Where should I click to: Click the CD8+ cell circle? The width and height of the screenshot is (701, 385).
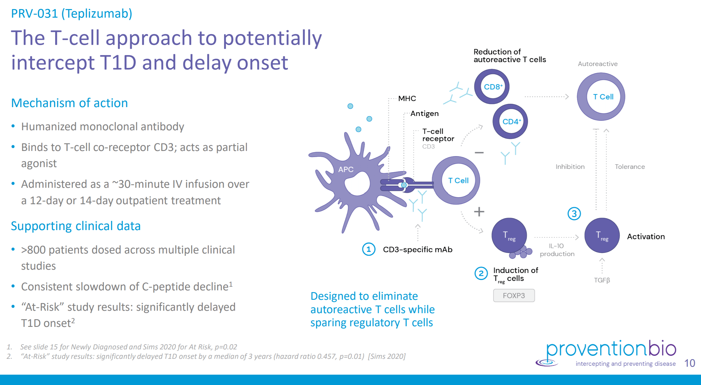(492, 87)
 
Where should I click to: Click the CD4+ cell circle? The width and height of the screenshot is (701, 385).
(510, 121)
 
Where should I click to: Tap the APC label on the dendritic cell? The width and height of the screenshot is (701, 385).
(346, 170)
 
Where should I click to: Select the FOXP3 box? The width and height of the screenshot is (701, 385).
(514, 296)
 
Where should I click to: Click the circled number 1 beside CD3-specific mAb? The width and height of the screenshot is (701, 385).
(368, 249)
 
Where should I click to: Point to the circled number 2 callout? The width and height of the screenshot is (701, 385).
(481, 273)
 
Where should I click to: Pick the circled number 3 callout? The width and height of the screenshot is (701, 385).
(574, 214)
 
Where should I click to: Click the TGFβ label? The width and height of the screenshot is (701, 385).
(602, 280)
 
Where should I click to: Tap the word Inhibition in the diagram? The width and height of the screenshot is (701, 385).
(570, 167)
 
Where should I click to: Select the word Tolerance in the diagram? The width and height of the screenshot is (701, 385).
(630, 167)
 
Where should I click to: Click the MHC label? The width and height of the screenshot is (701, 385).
(407, 99)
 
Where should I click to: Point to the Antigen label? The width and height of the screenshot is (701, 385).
(424, 114)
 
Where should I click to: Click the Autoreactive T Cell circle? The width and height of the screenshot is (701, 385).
(601, 97)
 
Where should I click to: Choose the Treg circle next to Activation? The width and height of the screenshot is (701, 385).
(602, 235)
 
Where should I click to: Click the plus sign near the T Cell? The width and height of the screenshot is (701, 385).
(479, 212)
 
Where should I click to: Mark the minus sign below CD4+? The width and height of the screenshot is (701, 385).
(479, 152)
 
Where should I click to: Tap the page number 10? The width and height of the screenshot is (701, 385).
(689, 363)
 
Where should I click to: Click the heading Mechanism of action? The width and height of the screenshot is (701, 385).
(69, 103)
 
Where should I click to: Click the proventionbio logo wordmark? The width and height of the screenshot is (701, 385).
(611, 349)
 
